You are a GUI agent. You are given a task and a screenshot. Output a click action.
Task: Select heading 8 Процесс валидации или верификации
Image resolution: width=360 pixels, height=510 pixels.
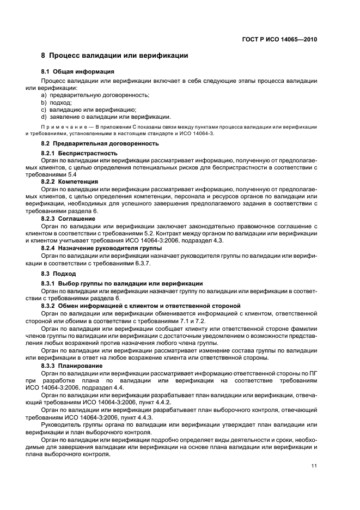point(114,56)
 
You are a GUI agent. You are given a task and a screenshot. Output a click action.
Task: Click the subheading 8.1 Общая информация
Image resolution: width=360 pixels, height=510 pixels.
point(77,71)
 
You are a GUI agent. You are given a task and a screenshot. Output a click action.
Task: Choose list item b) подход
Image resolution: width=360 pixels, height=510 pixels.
point(57,102)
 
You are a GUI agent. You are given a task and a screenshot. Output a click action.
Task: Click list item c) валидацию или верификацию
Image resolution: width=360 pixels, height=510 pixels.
point(89,110)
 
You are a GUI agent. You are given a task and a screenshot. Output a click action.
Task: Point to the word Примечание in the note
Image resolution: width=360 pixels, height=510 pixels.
point(68,126)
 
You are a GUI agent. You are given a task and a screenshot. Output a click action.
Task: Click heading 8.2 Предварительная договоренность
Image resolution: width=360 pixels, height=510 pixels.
point(100,144)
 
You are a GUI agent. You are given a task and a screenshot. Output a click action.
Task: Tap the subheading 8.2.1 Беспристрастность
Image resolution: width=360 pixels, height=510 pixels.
point(80,154)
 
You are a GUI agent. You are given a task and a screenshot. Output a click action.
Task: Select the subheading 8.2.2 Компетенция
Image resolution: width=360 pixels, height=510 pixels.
point(70,181)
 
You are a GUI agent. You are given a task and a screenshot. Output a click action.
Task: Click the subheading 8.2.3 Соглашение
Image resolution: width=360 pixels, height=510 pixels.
point(69,218)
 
